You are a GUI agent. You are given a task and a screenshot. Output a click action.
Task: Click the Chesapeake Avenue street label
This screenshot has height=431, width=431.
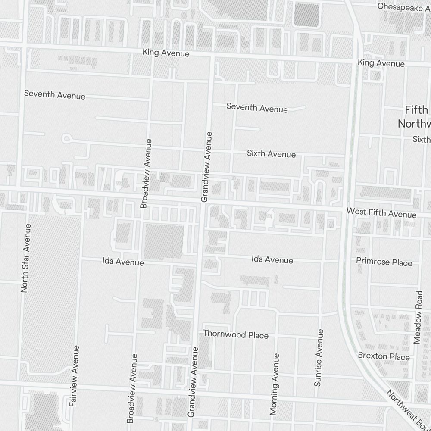(403, 6)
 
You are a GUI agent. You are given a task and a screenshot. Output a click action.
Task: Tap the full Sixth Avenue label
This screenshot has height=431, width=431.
(271, 154)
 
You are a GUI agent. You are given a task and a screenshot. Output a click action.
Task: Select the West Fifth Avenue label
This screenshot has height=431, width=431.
(381, 213)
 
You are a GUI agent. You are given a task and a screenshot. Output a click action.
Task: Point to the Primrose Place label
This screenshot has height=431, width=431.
(384, 262)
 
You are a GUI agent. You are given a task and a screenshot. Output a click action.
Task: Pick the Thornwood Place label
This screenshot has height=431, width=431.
(236, 334)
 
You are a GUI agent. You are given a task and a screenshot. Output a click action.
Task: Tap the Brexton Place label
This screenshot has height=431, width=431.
(384, 356)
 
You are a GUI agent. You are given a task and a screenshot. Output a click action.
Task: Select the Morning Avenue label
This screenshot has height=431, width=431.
(274, 384)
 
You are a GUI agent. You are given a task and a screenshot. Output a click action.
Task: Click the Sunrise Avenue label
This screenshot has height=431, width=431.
(318, 358)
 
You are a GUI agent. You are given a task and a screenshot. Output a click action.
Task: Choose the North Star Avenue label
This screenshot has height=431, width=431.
(26, 259)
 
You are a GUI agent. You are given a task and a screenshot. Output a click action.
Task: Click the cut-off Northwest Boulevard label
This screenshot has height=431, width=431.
(407, 412)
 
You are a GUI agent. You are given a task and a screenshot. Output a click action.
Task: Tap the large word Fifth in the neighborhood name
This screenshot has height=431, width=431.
(416, 110)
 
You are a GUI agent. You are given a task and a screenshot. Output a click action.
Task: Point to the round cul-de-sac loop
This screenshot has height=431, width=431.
(67, 139)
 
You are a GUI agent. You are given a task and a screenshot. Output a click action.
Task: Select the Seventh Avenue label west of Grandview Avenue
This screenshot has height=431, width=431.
(55, 94)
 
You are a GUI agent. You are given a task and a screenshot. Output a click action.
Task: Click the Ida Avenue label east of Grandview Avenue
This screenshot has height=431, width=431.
(272, 260)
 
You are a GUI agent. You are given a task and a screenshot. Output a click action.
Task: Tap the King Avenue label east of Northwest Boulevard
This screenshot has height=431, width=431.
(381, 63)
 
